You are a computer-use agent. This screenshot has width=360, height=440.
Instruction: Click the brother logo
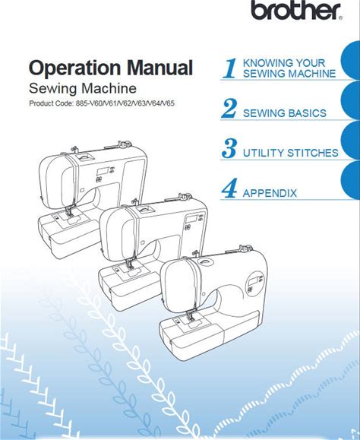coord(296,11)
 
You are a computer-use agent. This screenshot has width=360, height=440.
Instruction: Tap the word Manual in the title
coord(159,68)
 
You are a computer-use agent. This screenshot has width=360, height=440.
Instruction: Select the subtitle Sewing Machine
coord(83,88)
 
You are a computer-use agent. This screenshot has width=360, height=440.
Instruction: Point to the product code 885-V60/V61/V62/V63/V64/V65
coord(125,103)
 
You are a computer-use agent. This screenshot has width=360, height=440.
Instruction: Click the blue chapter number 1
coord(230,68)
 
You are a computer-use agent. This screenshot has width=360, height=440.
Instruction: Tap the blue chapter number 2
coord(229,109)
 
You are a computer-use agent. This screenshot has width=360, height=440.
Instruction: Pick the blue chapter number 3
coord(229,148)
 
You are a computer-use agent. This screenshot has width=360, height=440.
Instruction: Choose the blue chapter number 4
coord(229,188)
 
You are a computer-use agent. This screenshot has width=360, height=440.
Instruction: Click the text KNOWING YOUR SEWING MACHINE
coord(289,68)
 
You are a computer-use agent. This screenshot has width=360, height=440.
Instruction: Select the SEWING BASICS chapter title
coord(285,113)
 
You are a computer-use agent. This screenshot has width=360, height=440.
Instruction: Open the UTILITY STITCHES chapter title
coord(290,153)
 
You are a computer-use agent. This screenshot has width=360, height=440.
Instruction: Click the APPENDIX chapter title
coord(270,193)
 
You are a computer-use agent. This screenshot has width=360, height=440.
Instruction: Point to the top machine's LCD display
coord(103,171)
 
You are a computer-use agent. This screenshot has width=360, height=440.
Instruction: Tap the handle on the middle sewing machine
coord(145,209)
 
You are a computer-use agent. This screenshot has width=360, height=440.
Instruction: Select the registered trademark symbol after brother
coord(340,18)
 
